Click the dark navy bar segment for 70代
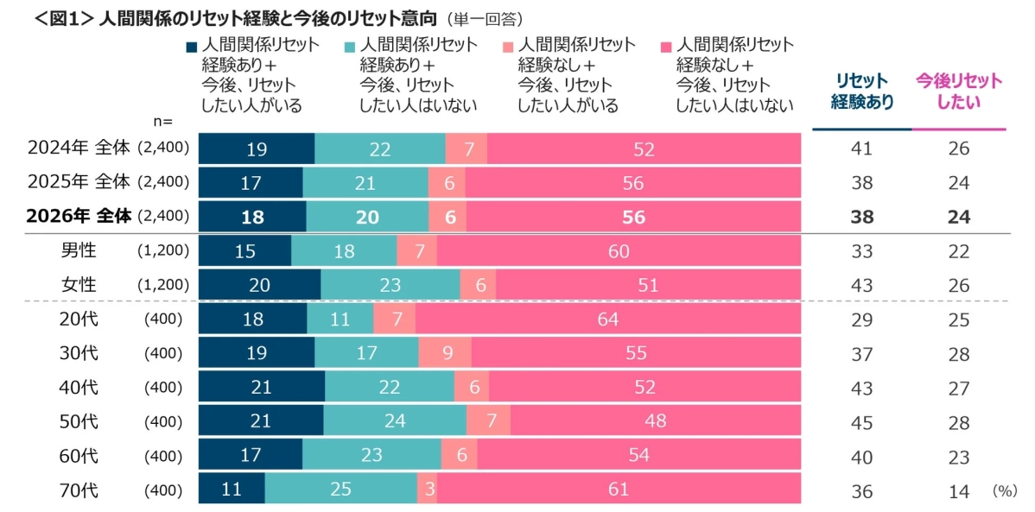click(x=232, y=490)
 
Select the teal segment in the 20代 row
click(x=340, y=319)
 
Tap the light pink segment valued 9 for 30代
click(x=445, y=353)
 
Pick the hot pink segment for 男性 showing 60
click(x=618, y=251)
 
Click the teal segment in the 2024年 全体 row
click(x=380, y=149)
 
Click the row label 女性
click(x=79, y=285)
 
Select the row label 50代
click(x=79, y=421)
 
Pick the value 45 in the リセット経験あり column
click(x=861, y=421)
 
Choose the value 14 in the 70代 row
click(x=958, y=490)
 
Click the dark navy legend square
click(x=191, y=46)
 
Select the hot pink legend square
click(x=665, y=46)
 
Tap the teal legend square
click(x=349, y=46)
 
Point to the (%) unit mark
click(x=1005, y=490)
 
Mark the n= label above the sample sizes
click(x=163, y=123)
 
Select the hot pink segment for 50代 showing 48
click(x=655, y=421)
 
